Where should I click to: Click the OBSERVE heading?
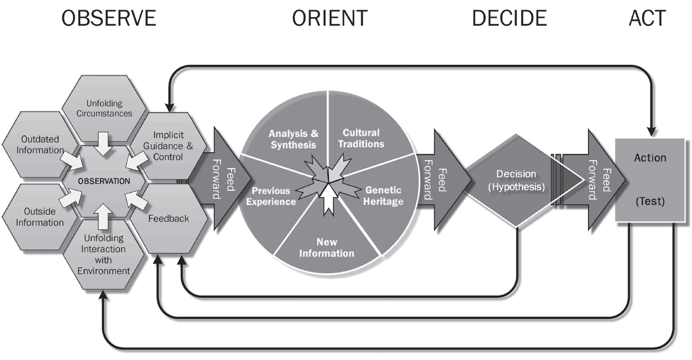click(x=108, y=19)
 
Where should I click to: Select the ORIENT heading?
click(x=329, y=19)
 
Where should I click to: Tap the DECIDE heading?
click(x=509, y=19)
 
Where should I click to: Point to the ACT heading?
click(x=647, y=19)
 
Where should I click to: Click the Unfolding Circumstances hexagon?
click(x=104, y=109)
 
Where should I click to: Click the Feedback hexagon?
click(x=168, y=219)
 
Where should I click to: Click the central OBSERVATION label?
click(x=104, y=181)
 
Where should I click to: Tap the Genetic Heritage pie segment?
click(x=383, y=196)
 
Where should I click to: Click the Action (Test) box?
click(x=650, y=180)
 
